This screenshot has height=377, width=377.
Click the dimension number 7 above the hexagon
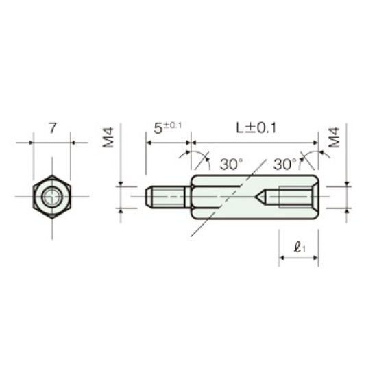[53, 128]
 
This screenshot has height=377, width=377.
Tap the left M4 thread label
[108, 138]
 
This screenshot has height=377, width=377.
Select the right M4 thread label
[335, 138]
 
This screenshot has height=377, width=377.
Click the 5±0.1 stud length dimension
[167, 127]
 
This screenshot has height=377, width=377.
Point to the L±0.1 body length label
[256, 127]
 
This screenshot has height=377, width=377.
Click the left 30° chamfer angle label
[231, 165]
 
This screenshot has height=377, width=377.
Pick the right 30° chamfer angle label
[285, 165]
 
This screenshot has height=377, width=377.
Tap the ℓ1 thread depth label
[300, 247]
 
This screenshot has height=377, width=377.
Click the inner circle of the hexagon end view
[52, 197]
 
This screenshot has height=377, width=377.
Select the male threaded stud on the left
[166, 197]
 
